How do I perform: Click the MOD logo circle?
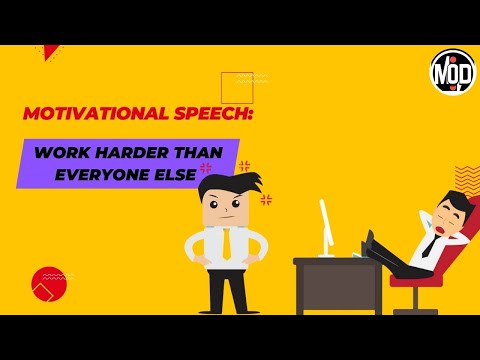452,72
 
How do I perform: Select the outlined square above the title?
237,87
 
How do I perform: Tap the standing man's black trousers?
226,290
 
